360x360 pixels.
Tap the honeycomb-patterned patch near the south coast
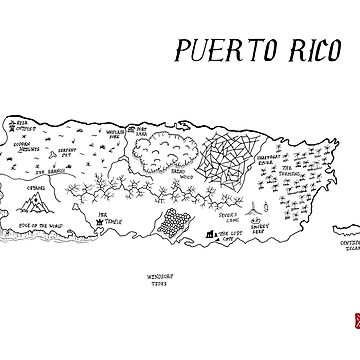pos(176,227)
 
